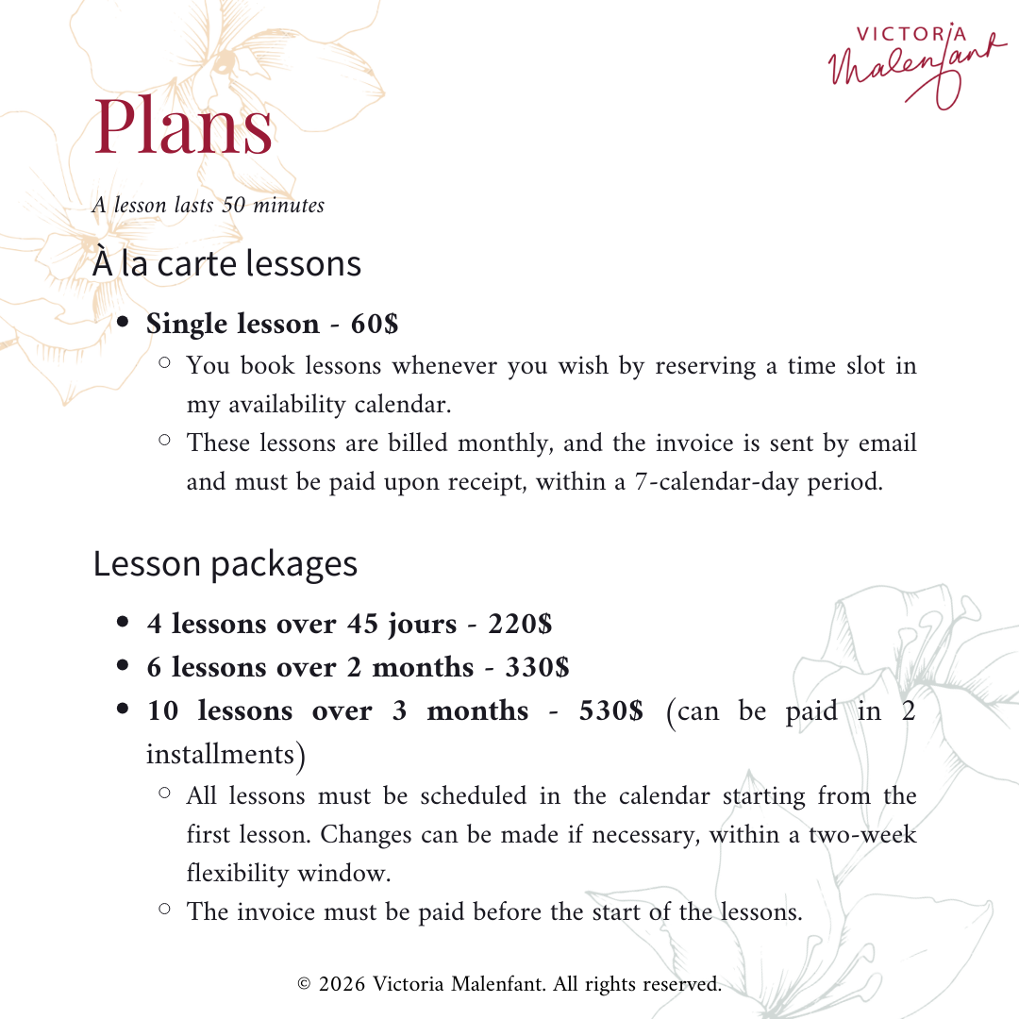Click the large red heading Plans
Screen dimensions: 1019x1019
184,127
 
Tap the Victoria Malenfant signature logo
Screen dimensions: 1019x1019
910,61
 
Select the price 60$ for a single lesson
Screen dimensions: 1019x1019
375,324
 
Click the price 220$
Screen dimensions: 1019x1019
520,624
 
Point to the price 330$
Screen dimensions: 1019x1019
537,667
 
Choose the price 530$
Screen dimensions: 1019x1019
610,710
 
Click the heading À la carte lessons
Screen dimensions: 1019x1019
226,263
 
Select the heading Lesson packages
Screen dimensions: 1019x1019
225,563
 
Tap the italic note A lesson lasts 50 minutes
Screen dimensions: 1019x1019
208,205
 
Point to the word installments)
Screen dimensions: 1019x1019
226,754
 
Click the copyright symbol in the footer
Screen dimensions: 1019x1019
304,984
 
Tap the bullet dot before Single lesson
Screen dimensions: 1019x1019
123,323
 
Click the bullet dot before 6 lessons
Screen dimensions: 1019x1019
123,666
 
